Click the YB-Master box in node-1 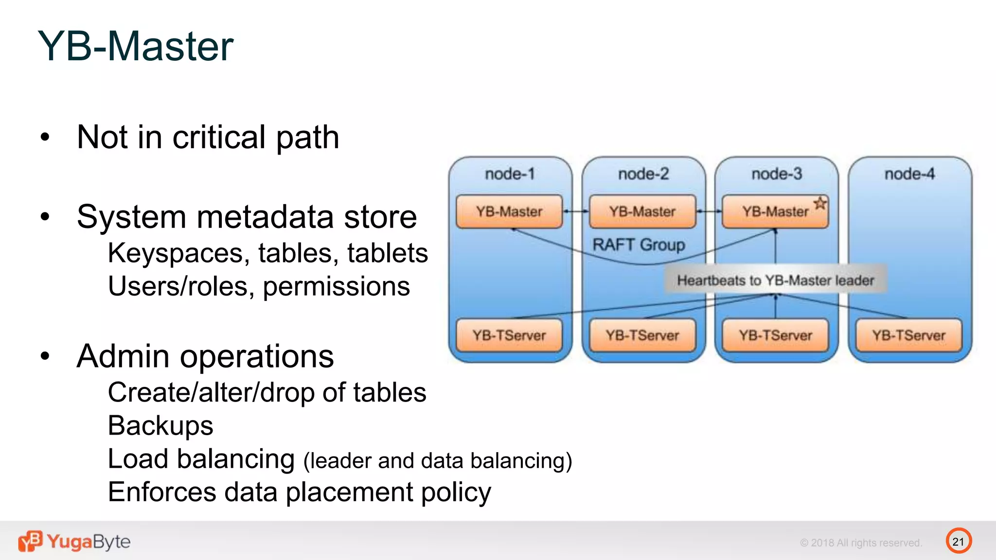pos(509,212)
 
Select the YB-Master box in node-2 pos(642,212)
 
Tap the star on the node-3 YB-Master pos(820,203)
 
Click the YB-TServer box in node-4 pos(908,335)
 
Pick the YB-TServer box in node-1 pos(509,335)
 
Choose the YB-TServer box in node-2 pos(642,335)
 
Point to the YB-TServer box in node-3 pos(776,335)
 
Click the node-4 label pos(909,174)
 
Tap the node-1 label pos(510,174)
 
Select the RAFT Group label pos(639,245)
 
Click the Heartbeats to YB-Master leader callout pos(776,280)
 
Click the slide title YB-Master pos(136,46)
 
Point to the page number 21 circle pos(959,541)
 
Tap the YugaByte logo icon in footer pos(30,541)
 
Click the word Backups pos(160,426)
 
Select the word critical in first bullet pos(219,137)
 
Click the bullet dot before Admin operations pos(45,356)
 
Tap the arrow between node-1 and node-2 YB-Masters pos(576,211)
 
